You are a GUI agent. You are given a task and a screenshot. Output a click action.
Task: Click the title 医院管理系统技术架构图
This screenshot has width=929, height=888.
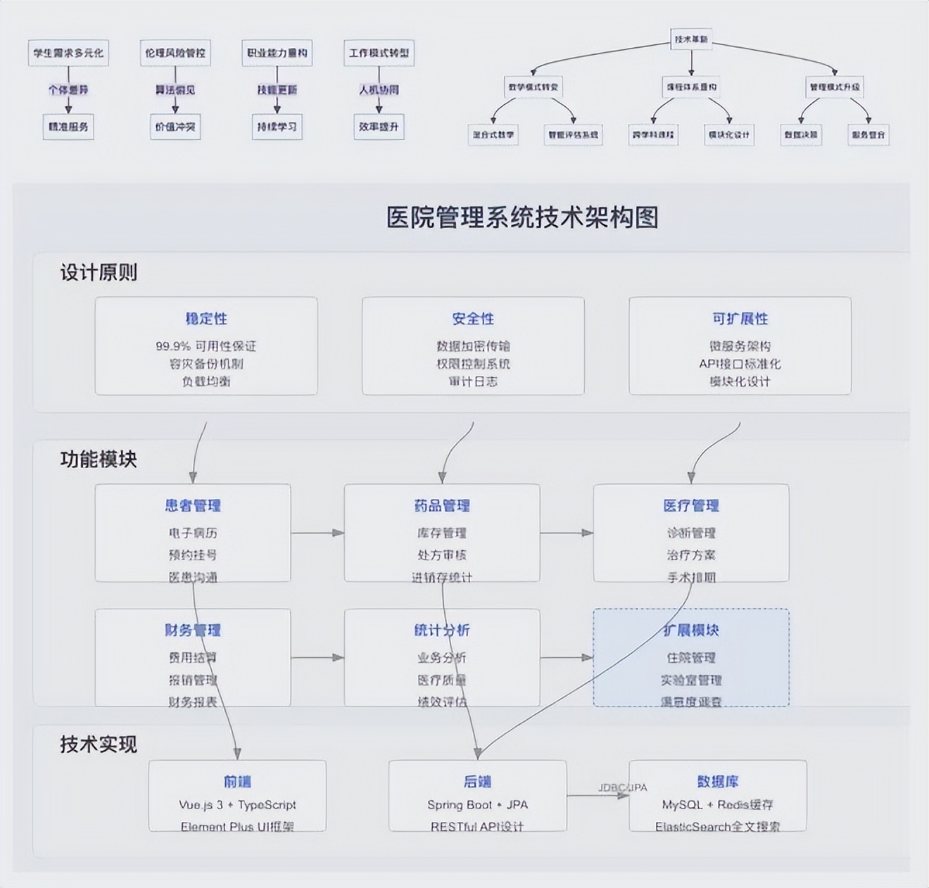coord(522,217)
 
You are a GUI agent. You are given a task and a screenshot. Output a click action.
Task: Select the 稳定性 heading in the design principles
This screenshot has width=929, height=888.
coord(206,319)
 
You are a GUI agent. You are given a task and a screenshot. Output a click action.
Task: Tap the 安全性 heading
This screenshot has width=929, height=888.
coord(473,319)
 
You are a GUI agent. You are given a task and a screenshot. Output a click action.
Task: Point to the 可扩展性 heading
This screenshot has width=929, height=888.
coord(740,319)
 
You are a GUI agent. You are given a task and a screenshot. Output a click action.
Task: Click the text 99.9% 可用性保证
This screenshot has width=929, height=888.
coord(206,346)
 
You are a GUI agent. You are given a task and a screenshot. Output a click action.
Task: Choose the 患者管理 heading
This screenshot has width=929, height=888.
coord(193,505)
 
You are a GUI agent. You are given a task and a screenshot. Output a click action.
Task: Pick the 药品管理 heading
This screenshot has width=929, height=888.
coord(442,505)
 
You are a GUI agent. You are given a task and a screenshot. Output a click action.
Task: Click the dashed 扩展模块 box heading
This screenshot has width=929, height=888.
coord(691,630)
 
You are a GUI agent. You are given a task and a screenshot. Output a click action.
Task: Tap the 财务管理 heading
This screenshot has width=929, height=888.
coord(193,630)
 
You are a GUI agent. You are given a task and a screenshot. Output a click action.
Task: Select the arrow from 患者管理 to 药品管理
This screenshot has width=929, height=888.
coord(317,533)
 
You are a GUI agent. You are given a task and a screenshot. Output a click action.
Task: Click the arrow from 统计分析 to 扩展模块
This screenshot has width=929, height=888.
coord(567,657)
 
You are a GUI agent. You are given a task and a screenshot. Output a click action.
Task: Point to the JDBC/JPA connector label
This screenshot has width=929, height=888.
coord(623,787)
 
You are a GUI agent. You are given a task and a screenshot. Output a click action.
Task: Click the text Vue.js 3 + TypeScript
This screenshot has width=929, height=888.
coord(237,804)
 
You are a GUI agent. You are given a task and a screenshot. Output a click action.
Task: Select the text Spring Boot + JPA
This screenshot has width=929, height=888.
coord(477,804)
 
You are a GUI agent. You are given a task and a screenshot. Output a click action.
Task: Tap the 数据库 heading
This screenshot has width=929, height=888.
coord(718,781)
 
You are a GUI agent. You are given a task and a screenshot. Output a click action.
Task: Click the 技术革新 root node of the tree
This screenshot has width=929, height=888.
coord(691,39)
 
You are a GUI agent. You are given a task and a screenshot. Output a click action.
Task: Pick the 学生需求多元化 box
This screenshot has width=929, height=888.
coord(68,53)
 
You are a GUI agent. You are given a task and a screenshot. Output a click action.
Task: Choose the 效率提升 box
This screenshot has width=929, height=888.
coord(379,127)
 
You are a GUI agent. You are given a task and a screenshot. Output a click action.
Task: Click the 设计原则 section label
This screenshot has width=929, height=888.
coord(99,272)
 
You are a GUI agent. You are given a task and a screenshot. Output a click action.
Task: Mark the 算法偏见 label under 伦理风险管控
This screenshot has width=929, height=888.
coord(175,90)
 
